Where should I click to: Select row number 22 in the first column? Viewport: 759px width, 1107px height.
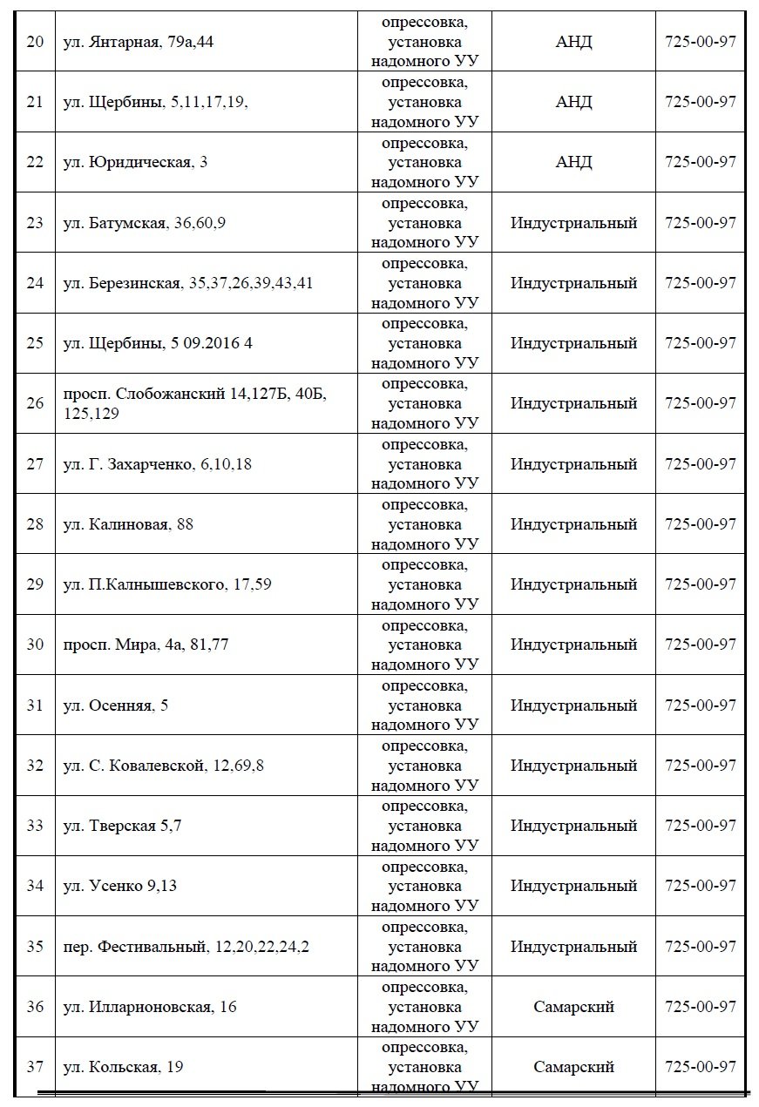(x=35, y=162)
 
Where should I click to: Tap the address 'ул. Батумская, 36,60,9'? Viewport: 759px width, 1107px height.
(x=145, y=223)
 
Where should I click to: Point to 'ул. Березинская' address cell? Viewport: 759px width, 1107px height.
(x=188, y=283)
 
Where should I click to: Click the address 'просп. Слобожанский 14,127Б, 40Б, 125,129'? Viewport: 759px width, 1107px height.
(x=195, y=403)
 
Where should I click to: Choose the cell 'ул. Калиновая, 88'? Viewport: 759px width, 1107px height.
(x=129, y=524)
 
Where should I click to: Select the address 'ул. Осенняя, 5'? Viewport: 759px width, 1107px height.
(x=117, y=705)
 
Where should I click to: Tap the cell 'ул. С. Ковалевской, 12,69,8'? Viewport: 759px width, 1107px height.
(x=164, y=766)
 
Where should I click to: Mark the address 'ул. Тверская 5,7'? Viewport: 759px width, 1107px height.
(x=123, y=826)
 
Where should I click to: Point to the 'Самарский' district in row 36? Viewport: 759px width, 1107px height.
(x=573, y=1007)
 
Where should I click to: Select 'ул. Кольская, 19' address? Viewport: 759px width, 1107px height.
(x=124, y=1067)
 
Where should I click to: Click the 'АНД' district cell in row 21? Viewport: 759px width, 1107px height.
(x=573, y=102)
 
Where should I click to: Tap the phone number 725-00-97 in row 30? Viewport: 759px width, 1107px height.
(x=701, y=645)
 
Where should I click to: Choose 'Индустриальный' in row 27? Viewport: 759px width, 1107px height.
(x=573, y=464)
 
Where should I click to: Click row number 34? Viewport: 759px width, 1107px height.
(x=35, y=886)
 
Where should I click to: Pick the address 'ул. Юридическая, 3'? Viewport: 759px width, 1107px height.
(x=136, y=162)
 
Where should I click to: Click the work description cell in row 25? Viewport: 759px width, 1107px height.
(x=424, y=343)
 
